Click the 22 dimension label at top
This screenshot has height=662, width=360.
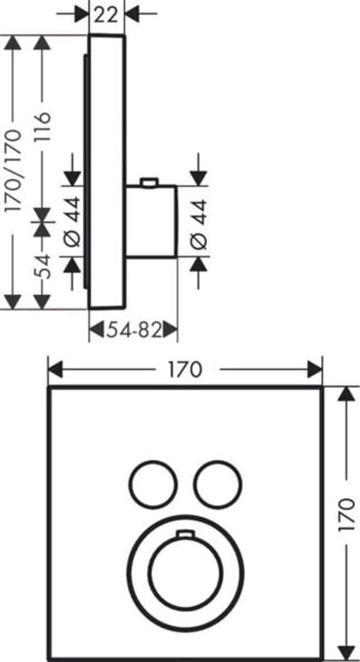[x=106, y=14]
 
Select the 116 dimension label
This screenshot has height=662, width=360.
[x=42, y=127]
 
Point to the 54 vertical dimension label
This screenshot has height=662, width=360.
[x=42, y=266]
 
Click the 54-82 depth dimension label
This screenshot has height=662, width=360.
[x=133, y=330]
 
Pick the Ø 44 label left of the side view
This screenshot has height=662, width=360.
[x=72, y=221]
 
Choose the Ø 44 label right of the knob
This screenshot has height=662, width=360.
[x=199, y=223]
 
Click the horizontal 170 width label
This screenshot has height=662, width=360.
[x=185, y=370]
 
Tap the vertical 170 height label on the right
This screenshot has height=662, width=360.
[x=346, y=515]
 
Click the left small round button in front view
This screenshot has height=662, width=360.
[x=153, y=485]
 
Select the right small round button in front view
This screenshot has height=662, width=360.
[x=218, y=485]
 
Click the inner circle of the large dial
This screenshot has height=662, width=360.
[x=186, y=570]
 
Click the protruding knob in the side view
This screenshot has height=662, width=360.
[x=151, y=220]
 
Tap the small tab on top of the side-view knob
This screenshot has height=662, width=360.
[x=148, y=182]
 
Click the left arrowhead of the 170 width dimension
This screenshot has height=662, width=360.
[x=56, y=370]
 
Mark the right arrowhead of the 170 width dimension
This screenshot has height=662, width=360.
[x=315, y=370]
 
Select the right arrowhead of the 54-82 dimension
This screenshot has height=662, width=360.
[x=169, y=330]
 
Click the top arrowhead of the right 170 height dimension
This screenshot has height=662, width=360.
[x=346, y=394]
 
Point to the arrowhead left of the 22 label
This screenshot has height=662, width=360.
[x=82, y=14]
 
